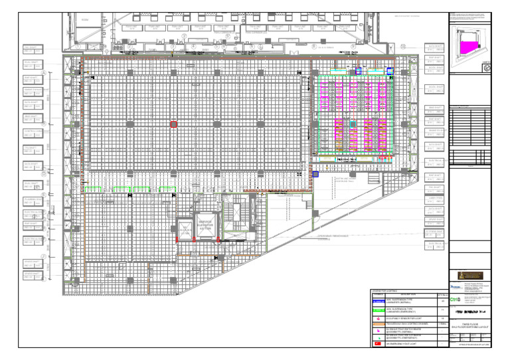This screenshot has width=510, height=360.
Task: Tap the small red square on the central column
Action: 174,124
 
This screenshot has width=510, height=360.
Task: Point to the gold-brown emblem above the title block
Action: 470,274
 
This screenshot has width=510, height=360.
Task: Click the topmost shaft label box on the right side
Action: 434,48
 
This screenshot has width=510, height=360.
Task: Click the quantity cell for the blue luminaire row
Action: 442,300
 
